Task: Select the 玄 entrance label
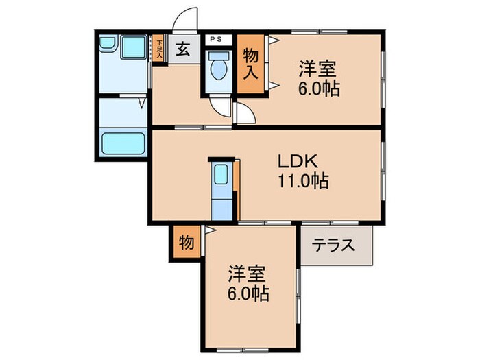coord(184,49)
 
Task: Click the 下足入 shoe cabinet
coord(158,50)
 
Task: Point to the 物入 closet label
coord(250,62)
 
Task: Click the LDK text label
coord(296,162)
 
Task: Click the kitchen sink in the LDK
coord(221,174)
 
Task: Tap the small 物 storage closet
coord(185,243)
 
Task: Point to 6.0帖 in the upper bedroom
coord(319,89)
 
